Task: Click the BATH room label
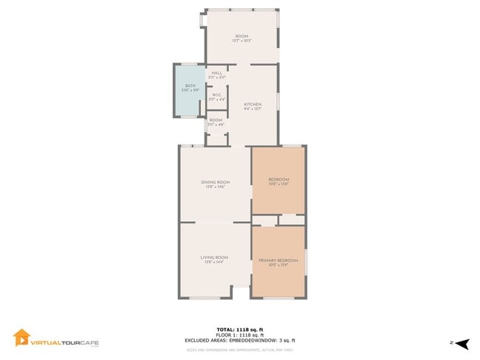[189, 86]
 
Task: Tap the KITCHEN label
[253, 105]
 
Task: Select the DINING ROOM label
[216, 182]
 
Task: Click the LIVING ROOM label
[215, 257]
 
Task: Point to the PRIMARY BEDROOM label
[278, 260]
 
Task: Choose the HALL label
[217, 73]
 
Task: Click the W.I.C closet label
[217, 94]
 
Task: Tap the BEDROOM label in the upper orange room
[278, 180]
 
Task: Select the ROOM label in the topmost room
[241, 36]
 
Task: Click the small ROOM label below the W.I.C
[216, 120]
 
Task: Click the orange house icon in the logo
[21, 338]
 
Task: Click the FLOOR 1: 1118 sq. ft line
[240, 334]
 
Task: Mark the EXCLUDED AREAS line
[240, 340]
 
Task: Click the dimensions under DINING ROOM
[216, 187]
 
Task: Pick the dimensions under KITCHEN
[253, 110]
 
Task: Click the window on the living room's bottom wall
[205, 298]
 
